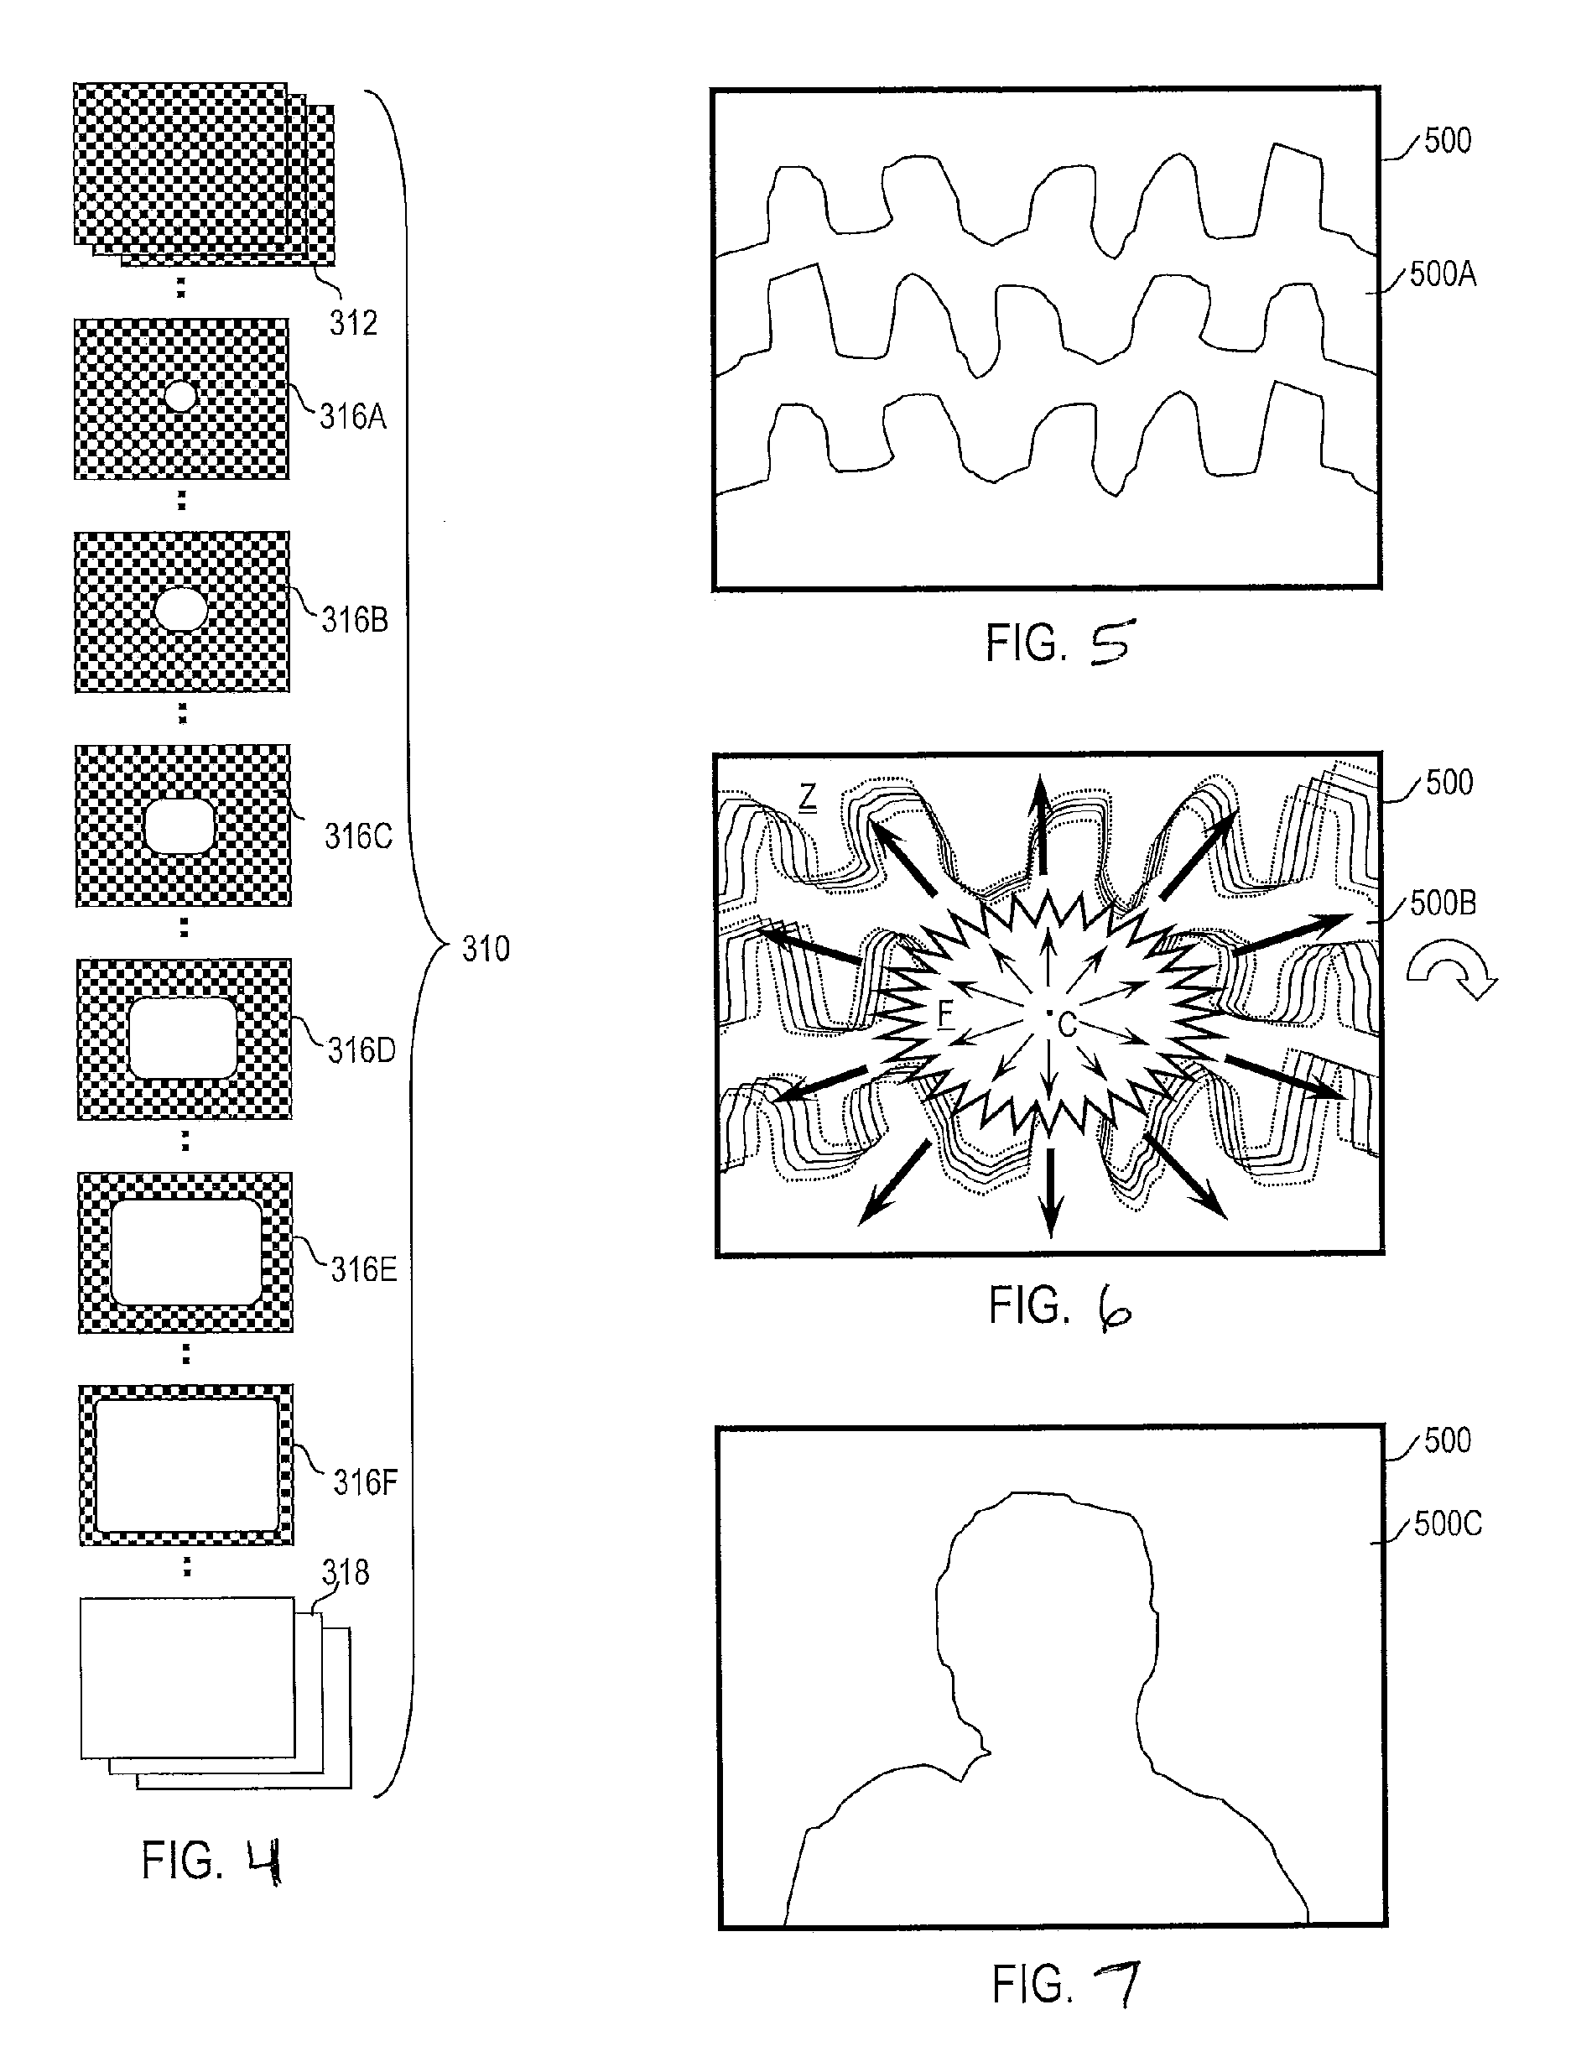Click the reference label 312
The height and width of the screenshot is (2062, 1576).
click(353, 323)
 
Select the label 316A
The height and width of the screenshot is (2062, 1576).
click(353, 415)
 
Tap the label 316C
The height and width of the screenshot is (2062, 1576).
click(358, 836)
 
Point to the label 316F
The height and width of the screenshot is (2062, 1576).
click(366, 1482)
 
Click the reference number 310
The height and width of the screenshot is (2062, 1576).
click(486, 949)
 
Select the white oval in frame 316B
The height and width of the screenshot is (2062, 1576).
click(180, 610)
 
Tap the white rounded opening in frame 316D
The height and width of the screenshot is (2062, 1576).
click(182, 1038)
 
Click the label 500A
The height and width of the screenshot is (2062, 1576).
click(1443, 275)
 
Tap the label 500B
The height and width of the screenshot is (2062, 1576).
click(1443, 903)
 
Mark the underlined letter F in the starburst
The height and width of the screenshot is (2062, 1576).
click(945, 1013)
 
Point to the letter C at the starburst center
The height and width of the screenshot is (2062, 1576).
click(1067, 1025)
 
